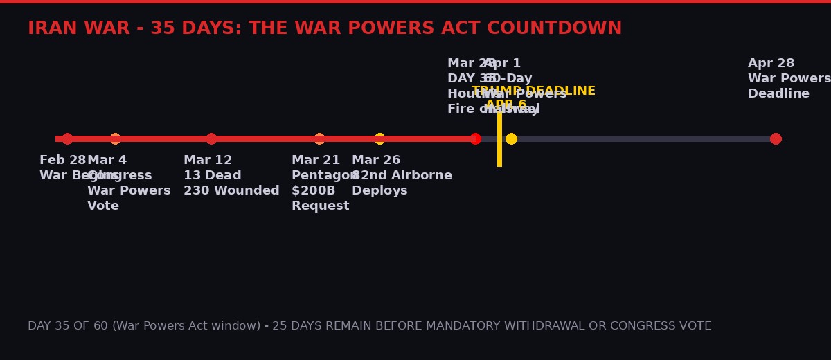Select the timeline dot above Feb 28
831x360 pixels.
(x=67, y=138)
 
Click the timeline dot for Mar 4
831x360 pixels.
(x=115, y=138)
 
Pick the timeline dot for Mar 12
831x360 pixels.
(x=211, y=138)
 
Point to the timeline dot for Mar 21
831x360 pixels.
(x=319, y=138)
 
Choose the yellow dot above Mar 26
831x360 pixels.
(x=379, y=138)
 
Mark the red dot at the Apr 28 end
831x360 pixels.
(x=776, y=138)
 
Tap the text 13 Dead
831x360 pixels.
(x=212, y=175)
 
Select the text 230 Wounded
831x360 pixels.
(x=231, y=190)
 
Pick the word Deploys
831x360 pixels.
(x=379, y=190)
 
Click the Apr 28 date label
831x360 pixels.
(x=771, y=63)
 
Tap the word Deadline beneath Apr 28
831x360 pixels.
(x=778, y=93)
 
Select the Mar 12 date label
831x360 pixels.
(x=208, y=160)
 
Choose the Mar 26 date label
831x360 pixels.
(x=376, y=160)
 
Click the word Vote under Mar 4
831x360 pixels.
(x=103, y=206)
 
